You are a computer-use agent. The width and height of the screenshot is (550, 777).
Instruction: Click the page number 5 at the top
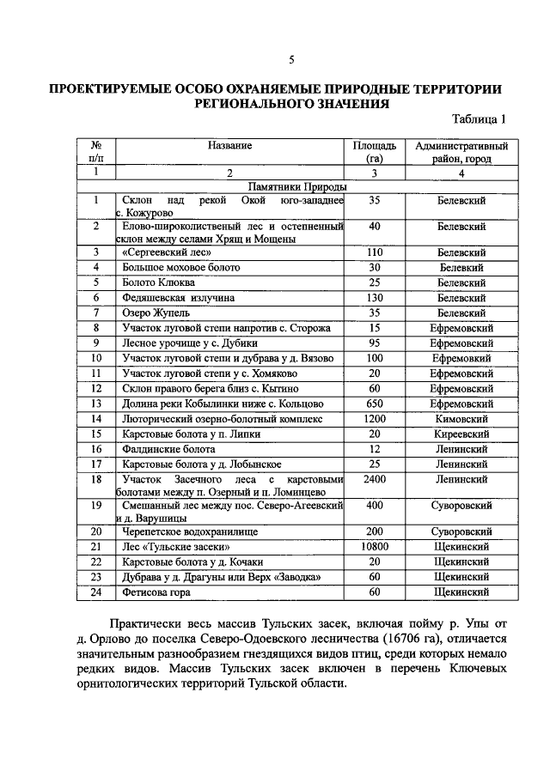point(291,59)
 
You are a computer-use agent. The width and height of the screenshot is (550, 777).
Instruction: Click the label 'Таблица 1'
point(480,119)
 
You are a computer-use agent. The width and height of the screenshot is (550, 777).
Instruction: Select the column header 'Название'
point(229,146)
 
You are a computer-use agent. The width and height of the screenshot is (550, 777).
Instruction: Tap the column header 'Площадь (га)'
point(374,152)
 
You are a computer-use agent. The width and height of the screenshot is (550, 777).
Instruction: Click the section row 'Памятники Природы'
point(297,186)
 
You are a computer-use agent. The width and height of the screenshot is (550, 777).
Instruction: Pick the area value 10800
point(374,546)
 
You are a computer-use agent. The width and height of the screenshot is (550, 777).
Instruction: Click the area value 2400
point(374,478)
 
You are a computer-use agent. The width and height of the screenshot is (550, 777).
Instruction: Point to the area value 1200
point(374,419)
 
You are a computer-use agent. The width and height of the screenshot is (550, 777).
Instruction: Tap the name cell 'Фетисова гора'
point(156,592)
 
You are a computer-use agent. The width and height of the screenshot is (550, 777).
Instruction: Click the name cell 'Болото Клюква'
point(158,282)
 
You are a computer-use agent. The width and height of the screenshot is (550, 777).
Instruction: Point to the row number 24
point(97,592)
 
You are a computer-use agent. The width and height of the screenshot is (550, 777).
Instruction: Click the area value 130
point(374,298)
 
